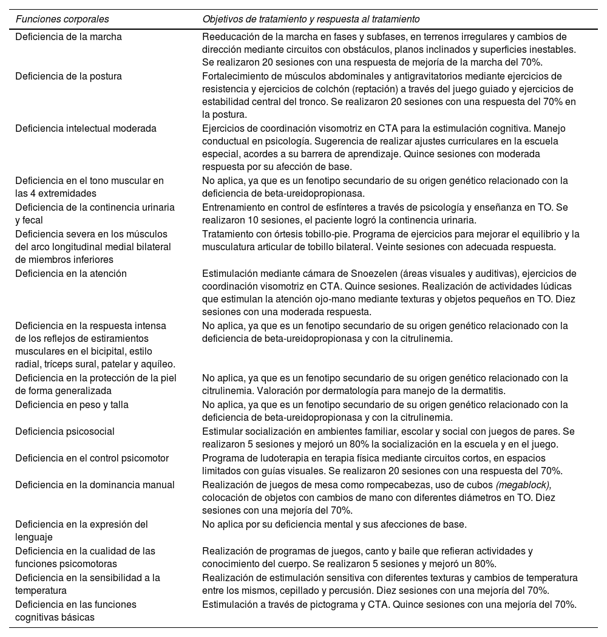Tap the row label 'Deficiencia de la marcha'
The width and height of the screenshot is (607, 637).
point(69,36)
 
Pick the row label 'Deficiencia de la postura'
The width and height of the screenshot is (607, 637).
point(69,77)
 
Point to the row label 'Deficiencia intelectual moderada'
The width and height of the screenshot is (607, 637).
point(86,128)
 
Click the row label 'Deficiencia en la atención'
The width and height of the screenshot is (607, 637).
point(71,273)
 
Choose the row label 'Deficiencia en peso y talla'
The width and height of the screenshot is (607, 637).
point(72,404)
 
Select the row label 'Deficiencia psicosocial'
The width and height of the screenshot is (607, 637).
point(65,431)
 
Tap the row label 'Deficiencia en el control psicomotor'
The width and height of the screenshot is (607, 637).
point(92,458)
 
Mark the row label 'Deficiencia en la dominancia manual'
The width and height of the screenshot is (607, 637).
point(95,485)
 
